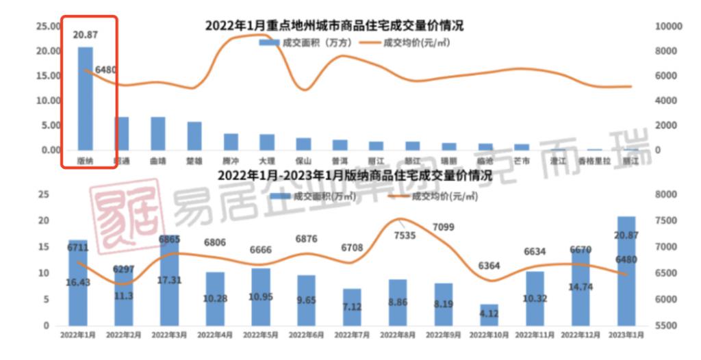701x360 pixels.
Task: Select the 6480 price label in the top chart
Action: coord(106,69)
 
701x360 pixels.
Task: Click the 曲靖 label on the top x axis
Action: coord(157,161)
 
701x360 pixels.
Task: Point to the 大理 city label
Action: coord(267,161)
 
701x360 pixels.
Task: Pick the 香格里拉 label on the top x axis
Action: coord(594,161)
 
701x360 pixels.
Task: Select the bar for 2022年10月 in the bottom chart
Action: coord(489,315)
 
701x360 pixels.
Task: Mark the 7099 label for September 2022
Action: coord(443,227)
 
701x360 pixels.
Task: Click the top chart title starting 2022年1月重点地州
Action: coord(333,26)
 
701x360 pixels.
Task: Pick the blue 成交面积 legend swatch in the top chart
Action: coord(268,42)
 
